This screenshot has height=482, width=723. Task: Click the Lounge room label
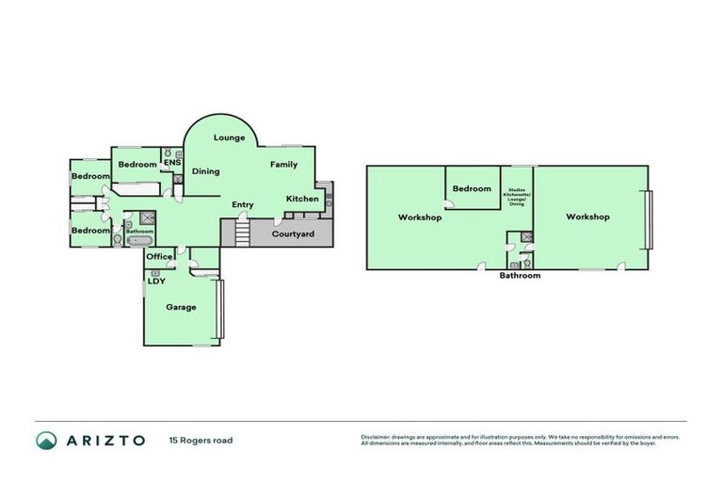(x=229, y=138)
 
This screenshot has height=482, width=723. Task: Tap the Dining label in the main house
(x=206, y=171)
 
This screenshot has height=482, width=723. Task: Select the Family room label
(x=283, y=165)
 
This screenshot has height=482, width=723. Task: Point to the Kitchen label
(x=302, y=199)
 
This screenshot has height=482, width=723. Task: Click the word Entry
(x=243, y=204)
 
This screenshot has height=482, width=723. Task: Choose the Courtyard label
(x=293, y=233)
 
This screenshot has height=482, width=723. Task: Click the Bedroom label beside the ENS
(x=137, y=165)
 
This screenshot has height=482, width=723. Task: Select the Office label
(x=159, y=256)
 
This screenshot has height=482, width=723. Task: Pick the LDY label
(x=155, y=280)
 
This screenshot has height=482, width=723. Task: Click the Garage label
(x=181, y=307)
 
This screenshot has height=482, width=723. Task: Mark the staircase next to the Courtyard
(x=242, y=231)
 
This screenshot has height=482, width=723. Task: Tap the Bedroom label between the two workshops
(x=472, y=188)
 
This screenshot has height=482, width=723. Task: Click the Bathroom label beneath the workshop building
(x=520, y=276)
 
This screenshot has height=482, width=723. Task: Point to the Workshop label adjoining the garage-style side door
(x=587, y=217)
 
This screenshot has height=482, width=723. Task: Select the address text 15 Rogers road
(x=201, y=440)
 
